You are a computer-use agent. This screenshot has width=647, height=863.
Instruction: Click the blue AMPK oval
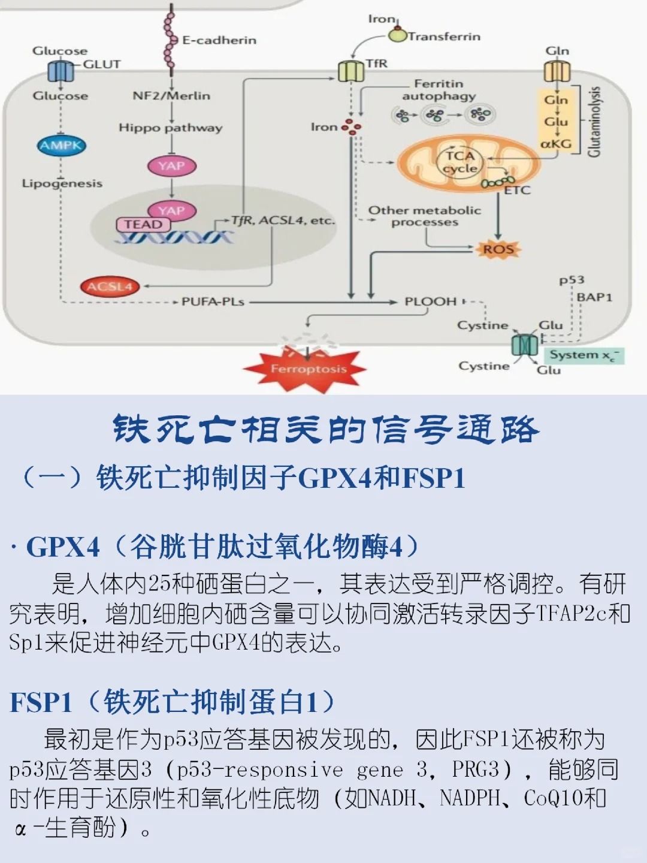(61, 145)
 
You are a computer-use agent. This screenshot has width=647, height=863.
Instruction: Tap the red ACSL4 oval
(109, 286)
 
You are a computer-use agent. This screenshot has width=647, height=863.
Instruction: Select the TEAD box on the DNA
(143, 224)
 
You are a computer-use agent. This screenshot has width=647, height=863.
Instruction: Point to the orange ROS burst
(498, 249)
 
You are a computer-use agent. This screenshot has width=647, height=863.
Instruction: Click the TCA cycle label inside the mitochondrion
(460, 162)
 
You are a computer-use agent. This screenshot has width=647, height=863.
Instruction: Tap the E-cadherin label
(219, 40)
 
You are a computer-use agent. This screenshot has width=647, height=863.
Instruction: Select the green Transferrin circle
(397, 35)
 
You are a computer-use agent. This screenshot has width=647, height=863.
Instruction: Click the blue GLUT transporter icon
(61, 72)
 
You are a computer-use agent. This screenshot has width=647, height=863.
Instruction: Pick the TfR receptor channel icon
(351, 71)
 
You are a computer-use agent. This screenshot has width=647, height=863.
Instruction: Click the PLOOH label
(430, 301)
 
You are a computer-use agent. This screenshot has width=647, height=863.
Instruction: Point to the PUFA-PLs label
(213, 301)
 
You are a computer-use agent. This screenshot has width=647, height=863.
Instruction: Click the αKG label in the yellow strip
(556, 144)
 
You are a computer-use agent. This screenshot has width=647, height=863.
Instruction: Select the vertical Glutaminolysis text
(594, 121)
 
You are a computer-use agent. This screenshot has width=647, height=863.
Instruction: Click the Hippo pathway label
(170, 128)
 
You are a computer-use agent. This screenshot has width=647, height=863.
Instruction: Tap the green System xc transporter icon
(525, 345)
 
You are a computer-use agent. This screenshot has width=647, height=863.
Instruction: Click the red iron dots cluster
(352, 126)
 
